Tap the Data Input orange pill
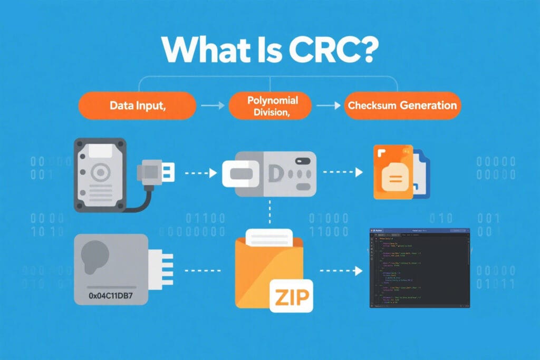click(138, 105)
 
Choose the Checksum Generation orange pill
click(401, 105)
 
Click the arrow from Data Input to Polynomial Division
click(212, 106)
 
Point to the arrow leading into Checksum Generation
click(329, 106)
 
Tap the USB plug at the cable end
click(155, 172)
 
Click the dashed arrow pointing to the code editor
click(342, 271)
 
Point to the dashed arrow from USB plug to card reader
click(199, 172)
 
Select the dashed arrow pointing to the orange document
click(343, 172)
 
